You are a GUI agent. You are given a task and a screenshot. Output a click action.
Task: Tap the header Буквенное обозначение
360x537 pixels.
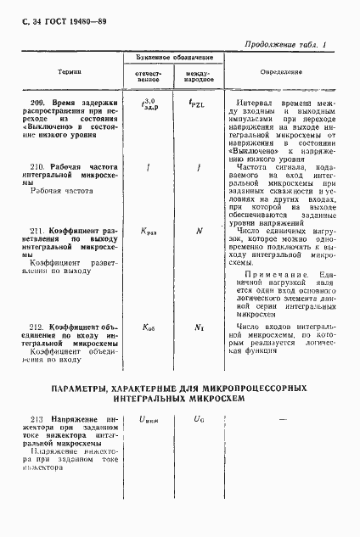[174, 58]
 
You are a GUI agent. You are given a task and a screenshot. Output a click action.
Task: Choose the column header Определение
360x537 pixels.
[282, 73]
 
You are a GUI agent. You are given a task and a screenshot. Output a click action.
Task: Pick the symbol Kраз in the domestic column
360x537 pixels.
[149, 231]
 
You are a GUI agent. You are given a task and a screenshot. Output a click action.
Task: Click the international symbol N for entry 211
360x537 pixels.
[199, 230]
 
